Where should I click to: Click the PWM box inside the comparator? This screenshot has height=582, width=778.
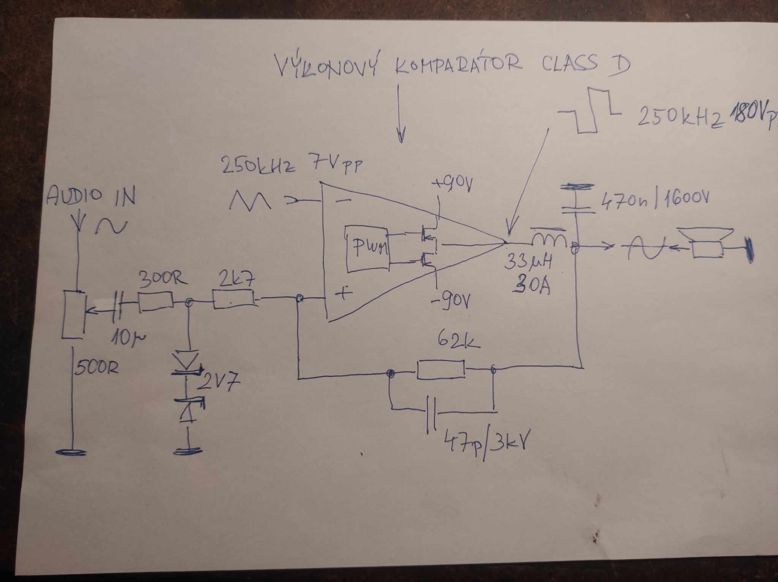point(367,248)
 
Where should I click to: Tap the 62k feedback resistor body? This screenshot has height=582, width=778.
point(441,369)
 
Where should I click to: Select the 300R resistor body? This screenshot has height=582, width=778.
point(156,302)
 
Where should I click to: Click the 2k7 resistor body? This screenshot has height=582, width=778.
point(233,299)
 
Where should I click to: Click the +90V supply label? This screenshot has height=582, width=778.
point(452,186)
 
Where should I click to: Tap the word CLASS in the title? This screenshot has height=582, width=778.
point(570,65)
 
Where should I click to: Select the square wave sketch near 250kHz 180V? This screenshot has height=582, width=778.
point(589,110)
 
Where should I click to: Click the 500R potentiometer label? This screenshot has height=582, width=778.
point(97,368)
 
